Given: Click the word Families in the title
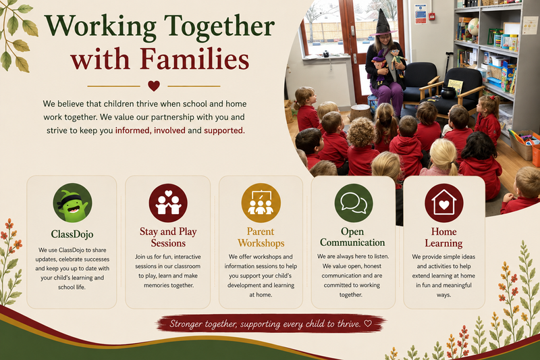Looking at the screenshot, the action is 194,59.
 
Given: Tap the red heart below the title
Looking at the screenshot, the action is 154,85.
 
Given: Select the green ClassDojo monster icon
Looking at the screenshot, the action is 72,203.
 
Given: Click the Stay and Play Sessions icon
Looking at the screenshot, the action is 168,203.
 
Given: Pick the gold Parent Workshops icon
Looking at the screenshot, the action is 261,203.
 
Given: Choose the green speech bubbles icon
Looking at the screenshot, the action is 354,203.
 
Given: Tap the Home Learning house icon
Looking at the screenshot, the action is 444,203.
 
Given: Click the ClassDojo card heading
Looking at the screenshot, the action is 72,234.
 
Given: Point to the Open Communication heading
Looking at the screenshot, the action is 352,237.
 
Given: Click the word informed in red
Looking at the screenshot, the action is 132,130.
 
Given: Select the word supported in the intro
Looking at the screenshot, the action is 223,130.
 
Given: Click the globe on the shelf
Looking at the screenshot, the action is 474,26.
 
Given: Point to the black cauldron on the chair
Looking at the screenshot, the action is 448,93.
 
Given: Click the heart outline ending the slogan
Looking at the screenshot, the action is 368,324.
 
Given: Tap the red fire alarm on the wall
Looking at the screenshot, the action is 431,16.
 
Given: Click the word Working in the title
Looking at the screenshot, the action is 101,27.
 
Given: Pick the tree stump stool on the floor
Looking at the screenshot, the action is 360,112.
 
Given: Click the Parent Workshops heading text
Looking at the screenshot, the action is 261,237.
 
